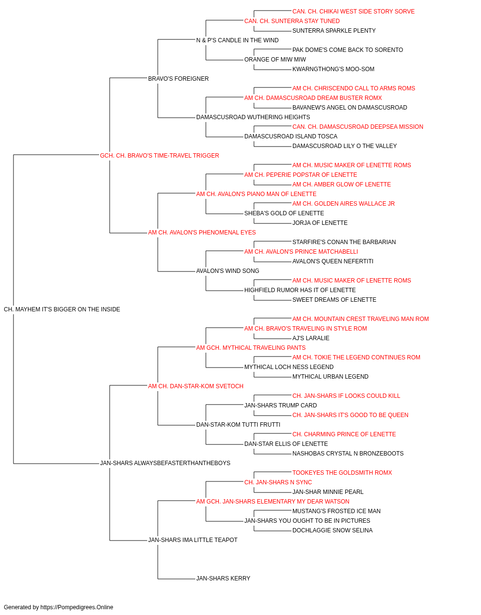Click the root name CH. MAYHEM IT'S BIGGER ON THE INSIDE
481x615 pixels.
point(62,309)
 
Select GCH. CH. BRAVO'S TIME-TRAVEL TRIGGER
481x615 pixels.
point(160,156)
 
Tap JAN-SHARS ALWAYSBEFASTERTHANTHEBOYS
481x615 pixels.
point(165,463)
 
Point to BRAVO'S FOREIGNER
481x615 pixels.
point(178,79)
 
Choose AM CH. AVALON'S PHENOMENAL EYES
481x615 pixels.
point(202,233)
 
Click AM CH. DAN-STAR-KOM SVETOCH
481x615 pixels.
point(196,386)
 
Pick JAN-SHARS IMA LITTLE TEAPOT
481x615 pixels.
point(193,540)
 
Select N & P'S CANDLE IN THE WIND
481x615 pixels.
point(238,40)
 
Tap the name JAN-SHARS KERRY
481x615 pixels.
point(223,578)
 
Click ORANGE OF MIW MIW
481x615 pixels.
point(275,60)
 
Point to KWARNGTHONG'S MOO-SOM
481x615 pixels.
point(333,69)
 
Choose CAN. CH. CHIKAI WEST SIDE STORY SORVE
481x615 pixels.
point(354,12)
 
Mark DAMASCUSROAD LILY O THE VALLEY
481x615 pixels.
point(345,146)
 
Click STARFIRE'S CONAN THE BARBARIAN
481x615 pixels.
point(344,242)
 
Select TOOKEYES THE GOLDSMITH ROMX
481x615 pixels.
point(342,473)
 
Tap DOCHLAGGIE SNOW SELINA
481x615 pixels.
point(332,530)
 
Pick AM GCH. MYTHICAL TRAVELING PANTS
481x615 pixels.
point(251,348)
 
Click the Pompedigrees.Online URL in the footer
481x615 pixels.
point(77,607)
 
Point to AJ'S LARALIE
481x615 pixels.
point(311,338)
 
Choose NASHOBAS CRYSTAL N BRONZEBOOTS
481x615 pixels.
point(348,454)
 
